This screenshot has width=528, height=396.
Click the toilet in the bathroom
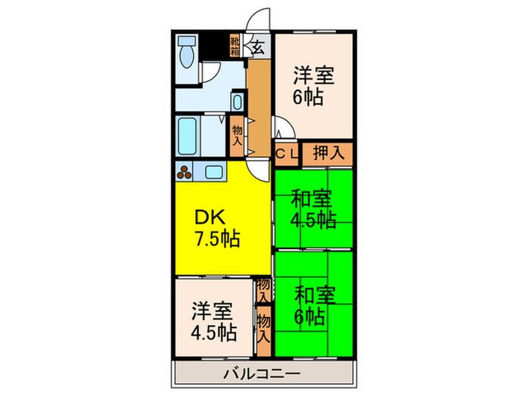point(187,51)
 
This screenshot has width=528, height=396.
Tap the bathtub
point(189,135)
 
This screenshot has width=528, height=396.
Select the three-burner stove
point(185,171)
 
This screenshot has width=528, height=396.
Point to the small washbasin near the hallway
point(237,101)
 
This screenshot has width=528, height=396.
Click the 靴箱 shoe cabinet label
point(235,47)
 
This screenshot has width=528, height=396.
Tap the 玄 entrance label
point(257,47)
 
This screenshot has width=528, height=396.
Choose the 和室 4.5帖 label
point(312,210)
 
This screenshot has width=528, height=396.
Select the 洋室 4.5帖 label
point(212,321)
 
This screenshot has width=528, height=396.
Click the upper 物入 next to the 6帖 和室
point(263,290)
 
